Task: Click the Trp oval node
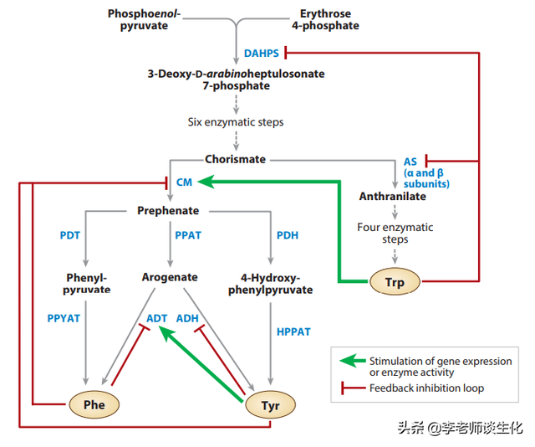tap(395, 282)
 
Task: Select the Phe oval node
tap(93, 405)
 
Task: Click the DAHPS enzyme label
tap(262, 54)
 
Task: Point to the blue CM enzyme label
tap(184, 182)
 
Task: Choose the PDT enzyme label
tap(69, 235)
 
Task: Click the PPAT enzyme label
tap(188, 235)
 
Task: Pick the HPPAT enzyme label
tap(293, 331)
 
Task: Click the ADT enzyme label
tap(157, 318)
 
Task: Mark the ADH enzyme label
tap(187, 318)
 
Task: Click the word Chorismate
tap(235, 159)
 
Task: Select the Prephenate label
tap(168, 210)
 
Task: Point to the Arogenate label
tap(170, 277)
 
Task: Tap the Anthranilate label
tap(393, 197)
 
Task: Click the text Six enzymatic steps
tap(235, 122)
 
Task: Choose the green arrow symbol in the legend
tap(352, 361)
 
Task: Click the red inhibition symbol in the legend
tap(352, 388)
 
